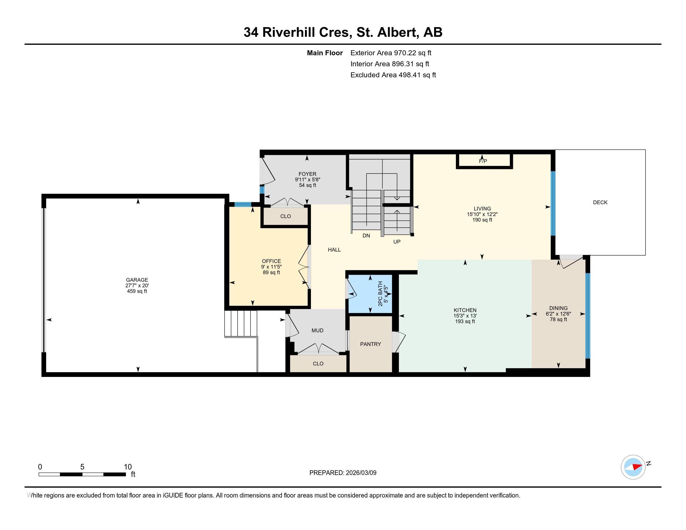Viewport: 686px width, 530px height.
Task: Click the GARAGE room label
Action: point(137,280)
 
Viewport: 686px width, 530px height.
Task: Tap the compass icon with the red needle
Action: point(633,467)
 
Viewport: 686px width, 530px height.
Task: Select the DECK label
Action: point(600,203)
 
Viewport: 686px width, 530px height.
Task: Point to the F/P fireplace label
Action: point(483,161)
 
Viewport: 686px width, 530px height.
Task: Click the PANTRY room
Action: point(370,344)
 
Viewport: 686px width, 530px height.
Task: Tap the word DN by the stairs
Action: point(366,235)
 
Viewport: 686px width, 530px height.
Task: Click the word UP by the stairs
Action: point(397,242)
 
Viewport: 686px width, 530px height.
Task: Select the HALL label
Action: point(334,250)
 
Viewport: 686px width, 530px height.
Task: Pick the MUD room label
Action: point(317,330)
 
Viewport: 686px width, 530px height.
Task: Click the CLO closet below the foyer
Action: point(286,216)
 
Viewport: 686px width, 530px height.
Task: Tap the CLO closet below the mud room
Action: point(318,364)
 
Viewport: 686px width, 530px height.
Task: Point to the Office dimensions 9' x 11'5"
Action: point(271,267)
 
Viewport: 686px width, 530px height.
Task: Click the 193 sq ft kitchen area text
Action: point(465,321)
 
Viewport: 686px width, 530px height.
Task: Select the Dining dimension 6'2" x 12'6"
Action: point(558,314)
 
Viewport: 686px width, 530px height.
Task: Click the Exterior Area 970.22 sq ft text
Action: point(391,53)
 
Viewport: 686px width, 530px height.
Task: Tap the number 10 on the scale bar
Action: point(128,467)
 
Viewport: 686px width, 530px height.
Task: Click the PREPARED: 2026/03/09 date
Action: point(343,473)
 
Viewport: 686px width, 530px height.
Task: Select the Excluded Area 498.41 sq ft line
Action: point(393,75)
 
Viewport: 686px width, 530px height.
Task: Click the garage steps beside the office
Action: point(241,323)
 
